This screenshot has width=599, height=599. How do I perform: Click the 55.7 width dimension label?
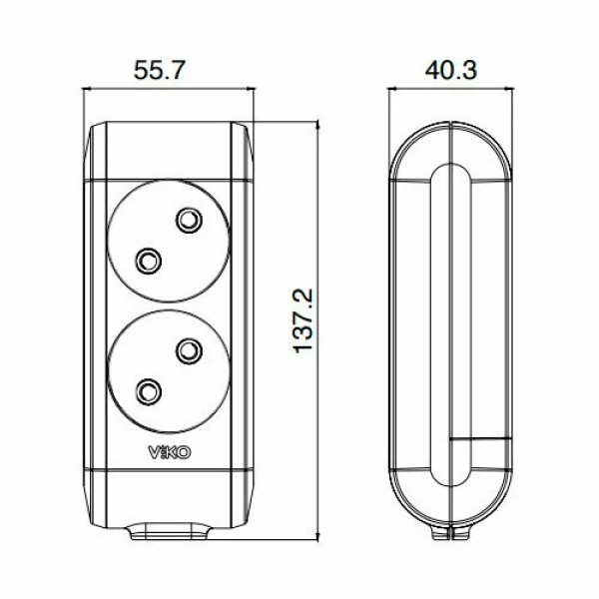coord(160,70)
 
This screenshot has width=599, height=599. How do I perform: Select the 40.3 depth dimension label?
coord(451,70)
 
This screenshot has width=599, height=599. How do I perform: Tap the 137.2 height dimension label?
coord(303,320)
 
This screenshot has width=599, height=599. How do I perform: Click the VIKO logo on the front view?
coord(170,452)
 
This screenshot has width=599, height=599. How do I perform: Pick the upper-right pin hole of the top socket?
coord(189,220)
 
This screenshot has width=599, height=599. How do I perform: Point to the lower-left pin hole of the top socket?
coord(148,261)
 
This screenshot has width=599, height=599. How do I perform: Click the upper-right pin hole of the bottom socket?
coord(189,351)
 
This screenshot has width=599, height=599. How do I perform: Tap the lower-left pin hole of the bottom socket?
coord(148,392)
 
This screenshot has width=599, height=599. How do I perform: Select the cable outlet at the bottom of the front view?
coord(169,531)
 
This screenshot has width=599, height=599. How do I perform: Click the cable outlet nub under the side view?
coord(451,532)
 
